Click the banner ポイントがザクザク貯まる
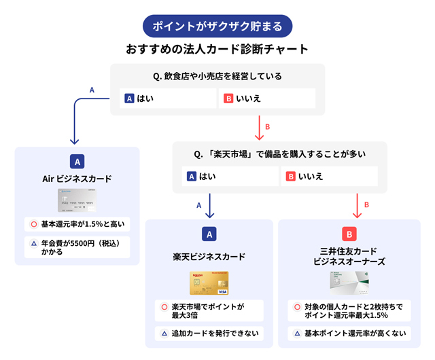coord(217,26)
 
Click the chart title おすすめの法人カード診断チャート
coord(217,50)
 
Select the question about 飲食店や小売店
coord(217,76)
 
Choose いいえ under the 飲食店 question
coord(267,98)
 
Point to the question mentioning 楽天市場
coord(279,154)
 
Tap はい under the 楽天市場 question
coord(230,177)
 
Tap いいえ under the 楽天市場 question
coord(329,177)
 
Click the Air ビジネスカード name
coord(77,179)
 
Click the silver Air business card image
coord(77,201)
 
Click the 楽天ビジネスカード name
coord(209,257)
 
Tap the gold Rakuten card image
coord(209,283)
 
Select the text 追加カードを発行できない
coord(209,334)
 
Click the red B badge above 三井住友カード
coord(349,234)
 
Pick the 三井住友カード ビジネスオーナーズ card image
coord(349,283)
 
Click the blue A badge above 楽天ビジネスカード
coord(209,234)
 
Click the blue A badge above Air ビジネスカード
coord(77,162)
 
